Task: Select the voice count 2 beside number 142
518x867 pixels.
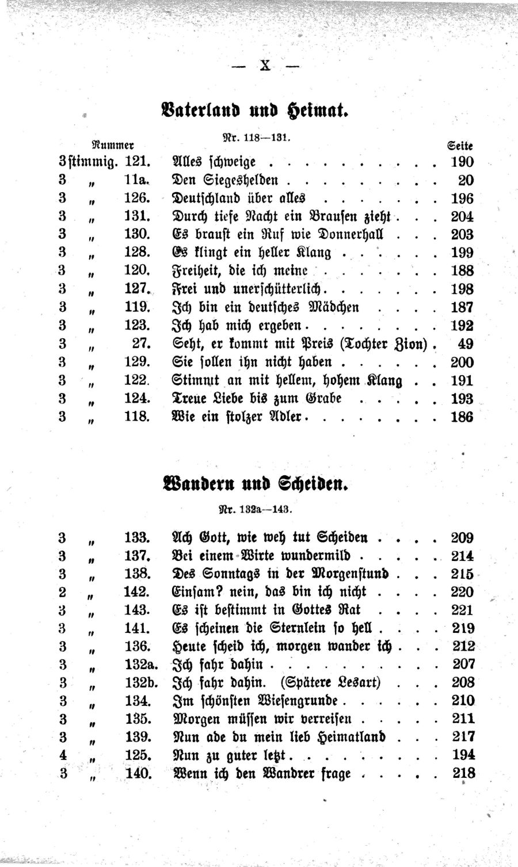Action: (x=63, y=591)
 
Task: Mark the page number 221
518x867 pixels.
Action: (x=463, y=609)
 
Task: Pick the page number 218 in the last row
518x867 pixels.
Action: (x=463, y=773)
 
